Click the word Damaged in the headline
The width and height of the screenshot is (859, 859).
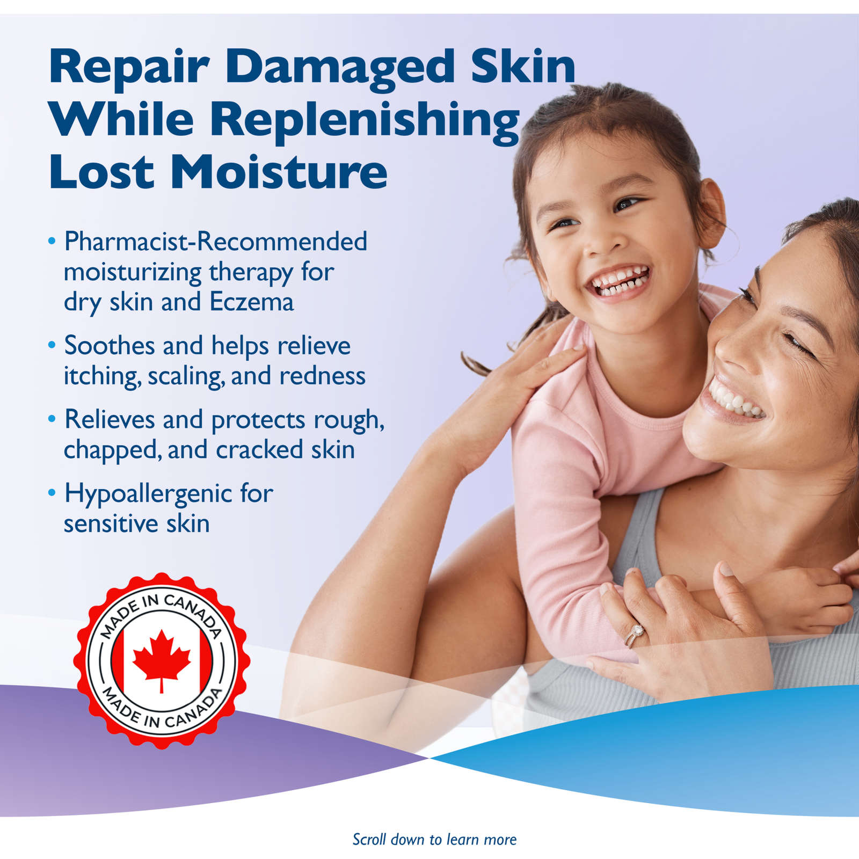340,68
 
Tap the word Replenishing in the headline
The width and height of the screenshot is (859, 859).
364,120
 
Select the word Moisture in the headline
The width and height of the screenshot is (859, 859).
279,172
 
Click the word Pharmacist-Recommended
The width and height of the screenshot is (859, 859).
215,241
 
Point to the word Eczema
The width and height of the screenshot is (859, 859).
252,302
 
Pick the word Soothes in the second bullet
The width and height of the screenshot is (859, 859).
110,345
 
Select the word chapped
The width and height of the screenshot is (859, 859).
111,450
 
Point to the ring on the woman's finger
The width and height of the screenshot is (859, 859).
636,634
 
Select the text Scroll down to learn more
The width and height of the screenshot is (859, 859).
434,839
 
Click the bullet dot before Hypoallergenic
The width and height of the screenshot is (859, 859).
52,492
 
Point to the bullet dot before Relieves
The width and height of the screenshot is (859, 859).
52,418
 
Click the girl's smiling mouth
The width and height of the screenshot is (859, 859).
620,282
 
